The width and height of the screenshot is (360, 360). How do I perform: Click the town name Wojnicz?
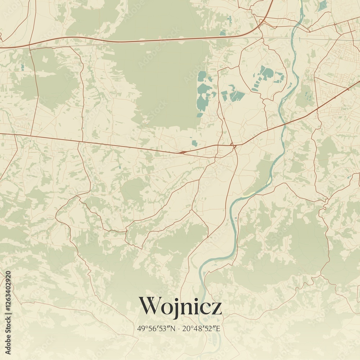coord(180,306)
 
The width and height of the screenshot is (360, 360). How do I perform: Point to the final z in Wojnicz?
coord(216,308)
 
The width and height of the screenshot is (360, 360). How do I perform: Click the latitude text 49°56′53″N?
coord(156,328)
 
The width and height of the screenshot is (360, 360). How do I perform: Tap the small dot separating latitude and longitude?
coord(179,329)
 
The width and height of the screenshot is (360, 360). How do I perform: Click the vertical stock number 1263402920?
coord(8,313)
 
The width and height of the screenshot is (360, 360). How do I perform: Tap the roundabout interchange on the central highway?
coord(233,145)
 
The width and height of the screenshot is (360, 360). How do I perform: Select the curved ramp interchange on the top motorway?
coord(262,22)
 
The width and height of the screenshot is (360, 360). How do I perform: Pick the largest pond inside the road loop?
coord(267,73)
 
